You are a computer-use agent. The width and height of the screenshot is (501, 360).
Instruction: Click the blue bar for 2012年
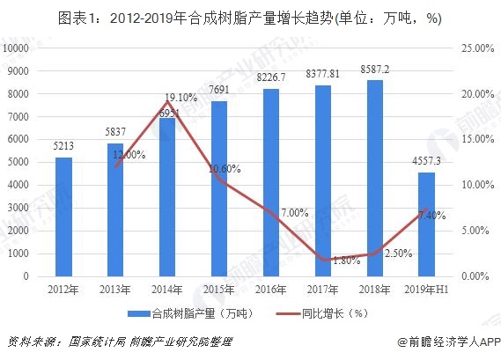point(63,217)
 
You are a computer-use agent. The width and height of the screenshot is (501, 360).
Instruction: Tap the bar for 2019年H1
point(426,224)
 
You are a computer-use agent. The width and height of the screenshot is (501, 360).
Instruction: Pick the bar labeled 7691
point(218,188)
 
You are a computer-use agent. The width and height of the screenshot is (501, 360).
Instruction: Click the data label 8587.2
point(374,67)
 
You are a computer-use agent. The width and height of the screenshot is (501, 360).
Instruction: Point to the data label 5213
point(63,146)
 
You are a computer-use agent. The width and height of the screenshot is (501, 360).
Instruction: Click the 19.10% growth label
point(181,98)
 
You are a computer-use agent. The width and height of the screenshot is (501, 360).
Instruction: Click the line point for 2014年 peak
point(166,102)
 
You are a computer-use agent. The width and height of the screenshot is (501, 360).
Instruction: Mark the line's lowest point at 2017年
point(322,260)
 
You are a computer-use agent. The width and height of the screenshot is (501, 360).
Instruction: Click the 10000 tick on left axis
point(18,49)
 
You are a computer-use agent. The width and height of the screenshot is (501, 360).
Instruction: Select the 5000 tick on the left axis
point(20,163)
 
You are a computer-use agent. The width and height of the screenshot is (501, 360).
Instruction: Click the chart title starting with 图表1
point(250,17)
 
